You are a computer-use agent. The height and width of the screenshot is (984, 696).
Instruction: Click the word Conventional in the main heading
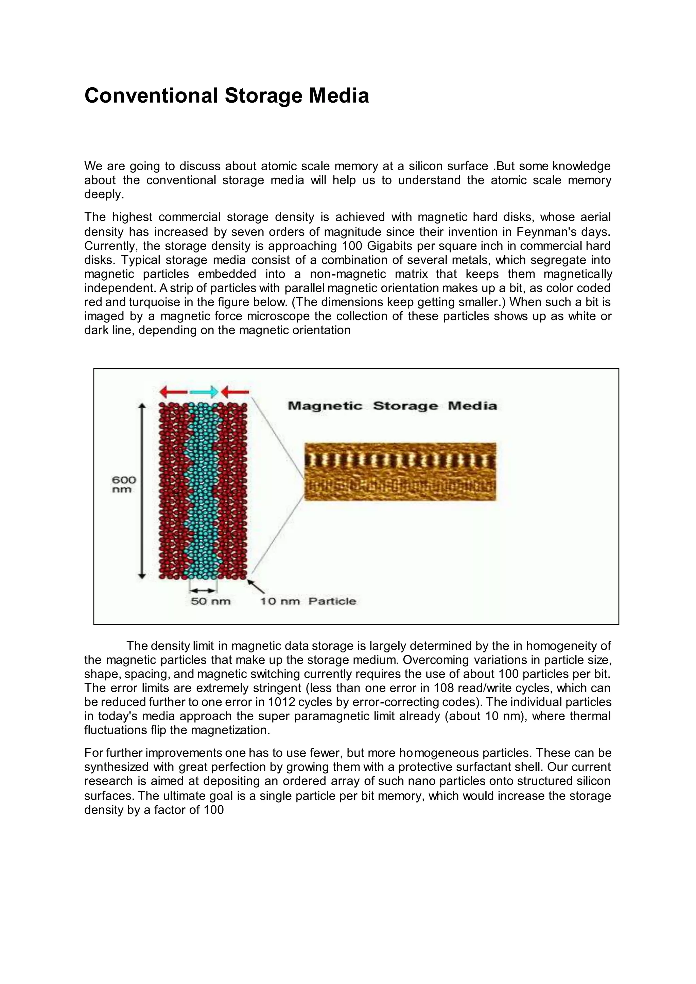point(151,95)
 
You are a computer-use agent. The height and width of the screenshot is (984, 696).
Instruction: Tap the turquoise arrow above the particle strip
point(204,391)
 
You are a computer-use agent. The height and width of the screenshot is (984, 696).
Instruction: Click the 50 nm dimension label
point(210,601)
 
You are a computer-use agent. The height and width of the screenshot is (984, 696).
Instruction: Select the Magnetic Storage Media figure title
point(392,405)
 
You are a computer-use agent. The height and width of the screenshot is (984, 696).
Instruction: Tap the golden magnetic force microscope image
point(400,471)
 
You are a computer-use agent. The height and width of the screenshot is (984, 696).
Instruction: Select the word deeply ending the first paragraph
point(104,195)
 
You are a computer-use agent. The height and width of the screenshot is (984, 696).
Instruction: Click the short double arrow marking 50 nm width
point(203,590)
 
